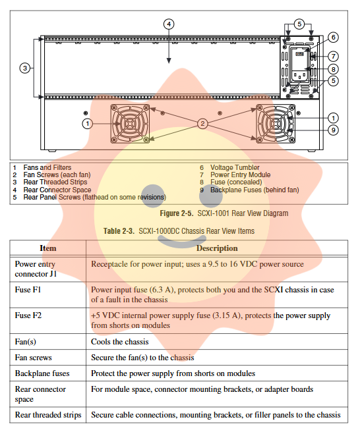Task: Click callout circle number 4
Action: [169, 24]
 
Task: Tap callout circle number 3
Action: [25, 68]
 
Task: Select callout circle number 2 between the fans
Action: [202, 124]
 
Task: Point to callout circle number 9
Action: [333, 130]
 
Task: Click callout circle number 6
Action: [333, 38]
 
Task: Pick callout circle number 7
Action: [333, 57]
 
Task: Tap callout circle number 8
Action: [333, 69]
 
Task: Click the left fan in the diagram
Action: [130, 124]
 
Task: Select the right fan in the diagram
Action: [276, 124]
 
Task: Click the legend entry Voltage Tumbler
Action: [235, 167]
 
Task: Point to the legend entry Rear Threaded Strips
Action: [55, 182]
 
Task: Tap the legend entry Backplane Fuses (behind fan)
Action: [255, 190]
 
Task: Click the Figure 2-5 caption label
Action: [224, 213]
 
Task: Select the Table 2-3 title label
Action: [179, 231]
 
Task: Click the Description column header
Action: [217, 248]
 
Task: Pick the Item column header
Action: [48, 248]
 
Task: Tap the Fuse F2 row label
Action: [28, 315]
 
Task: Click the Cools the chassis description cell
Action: [120, 341]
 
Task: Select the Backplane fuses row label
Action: [42, 373]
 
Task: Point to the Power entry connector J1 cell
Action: [36, 269]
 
